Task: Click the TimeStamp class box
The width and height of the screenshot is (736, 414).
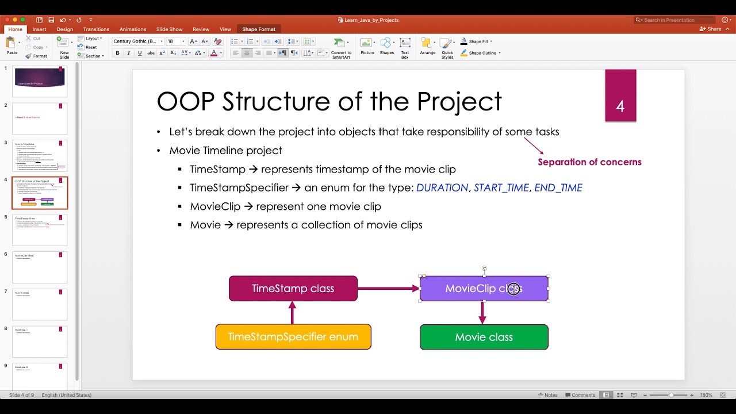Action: [293, 289]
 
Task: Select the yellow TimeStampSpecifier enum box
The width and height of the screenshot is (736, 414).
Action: [293, 337]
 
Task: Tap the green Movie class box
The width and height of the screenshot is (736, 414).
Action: [484, 338]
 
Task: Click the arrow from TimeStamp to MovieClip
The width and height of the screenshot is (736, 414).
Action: [388, 289]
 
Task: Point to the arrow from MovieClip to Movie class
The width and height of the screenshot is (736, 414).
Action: [482, 313]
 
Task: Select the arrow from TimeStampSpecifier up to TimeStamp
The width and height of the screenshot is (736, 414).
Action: [293, 313]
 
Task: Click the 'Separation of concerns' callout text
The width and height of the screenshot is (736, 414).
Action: [589, 162]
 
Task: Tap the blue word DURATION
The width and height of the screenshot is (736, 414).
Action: [442, 188]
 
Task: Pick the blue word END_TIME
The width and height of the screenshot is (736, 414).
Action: [558, 188]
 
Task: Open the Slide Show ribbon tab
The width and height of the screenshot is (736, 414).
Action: [169, 29]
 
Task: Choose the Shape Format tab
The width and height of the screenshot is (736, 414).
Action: [258, 29]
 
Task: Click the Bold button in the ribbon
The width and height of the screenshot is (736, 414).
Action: [118, 53]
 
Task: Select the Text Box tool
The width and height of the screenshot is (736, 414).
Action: [405, 47]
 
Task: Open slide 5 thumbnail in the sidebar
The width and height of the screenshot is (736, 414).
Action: [40, 230]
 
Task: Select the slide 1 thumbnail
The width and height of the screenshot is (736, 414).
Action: [40, 81]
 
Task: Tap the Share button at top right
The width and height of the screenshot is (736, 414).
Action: [711, 29]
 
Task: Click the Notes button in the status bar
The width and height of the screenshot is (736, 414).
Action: [547, 395]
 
